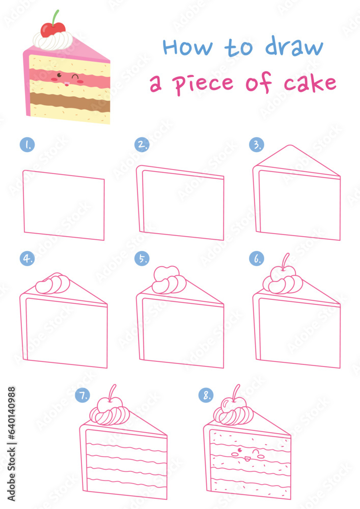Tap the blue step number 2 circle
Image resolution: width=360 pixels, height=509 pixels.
point(142,145)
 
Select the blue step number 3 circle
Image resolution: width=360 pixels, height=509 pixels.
point(256,145)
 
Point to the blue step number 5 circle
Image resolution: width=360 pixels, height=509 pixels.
point(142,259)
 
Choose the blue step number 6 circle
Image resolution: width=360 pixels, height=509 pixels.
point(256,259)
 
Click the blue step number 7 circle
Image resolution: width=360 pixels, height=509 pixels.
point(82,395)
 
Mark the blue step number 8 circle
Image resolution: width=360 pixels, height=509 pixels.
point(206,395)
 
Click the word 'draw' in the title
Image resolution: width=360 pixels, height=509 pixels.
point(294,47)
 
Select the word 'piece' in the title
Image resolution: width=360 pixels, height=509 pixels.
point(203,83)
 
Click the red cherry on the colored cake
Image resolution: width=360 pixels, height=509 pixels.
point(53,30)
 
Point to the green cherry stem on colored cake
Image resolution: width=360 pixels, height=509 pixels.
point(56,16)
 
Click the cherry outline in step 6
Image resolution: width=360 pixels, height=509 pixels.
point(280,274)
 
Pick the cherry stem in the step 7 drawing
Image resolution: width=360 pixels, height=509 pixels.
point(113,391)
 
